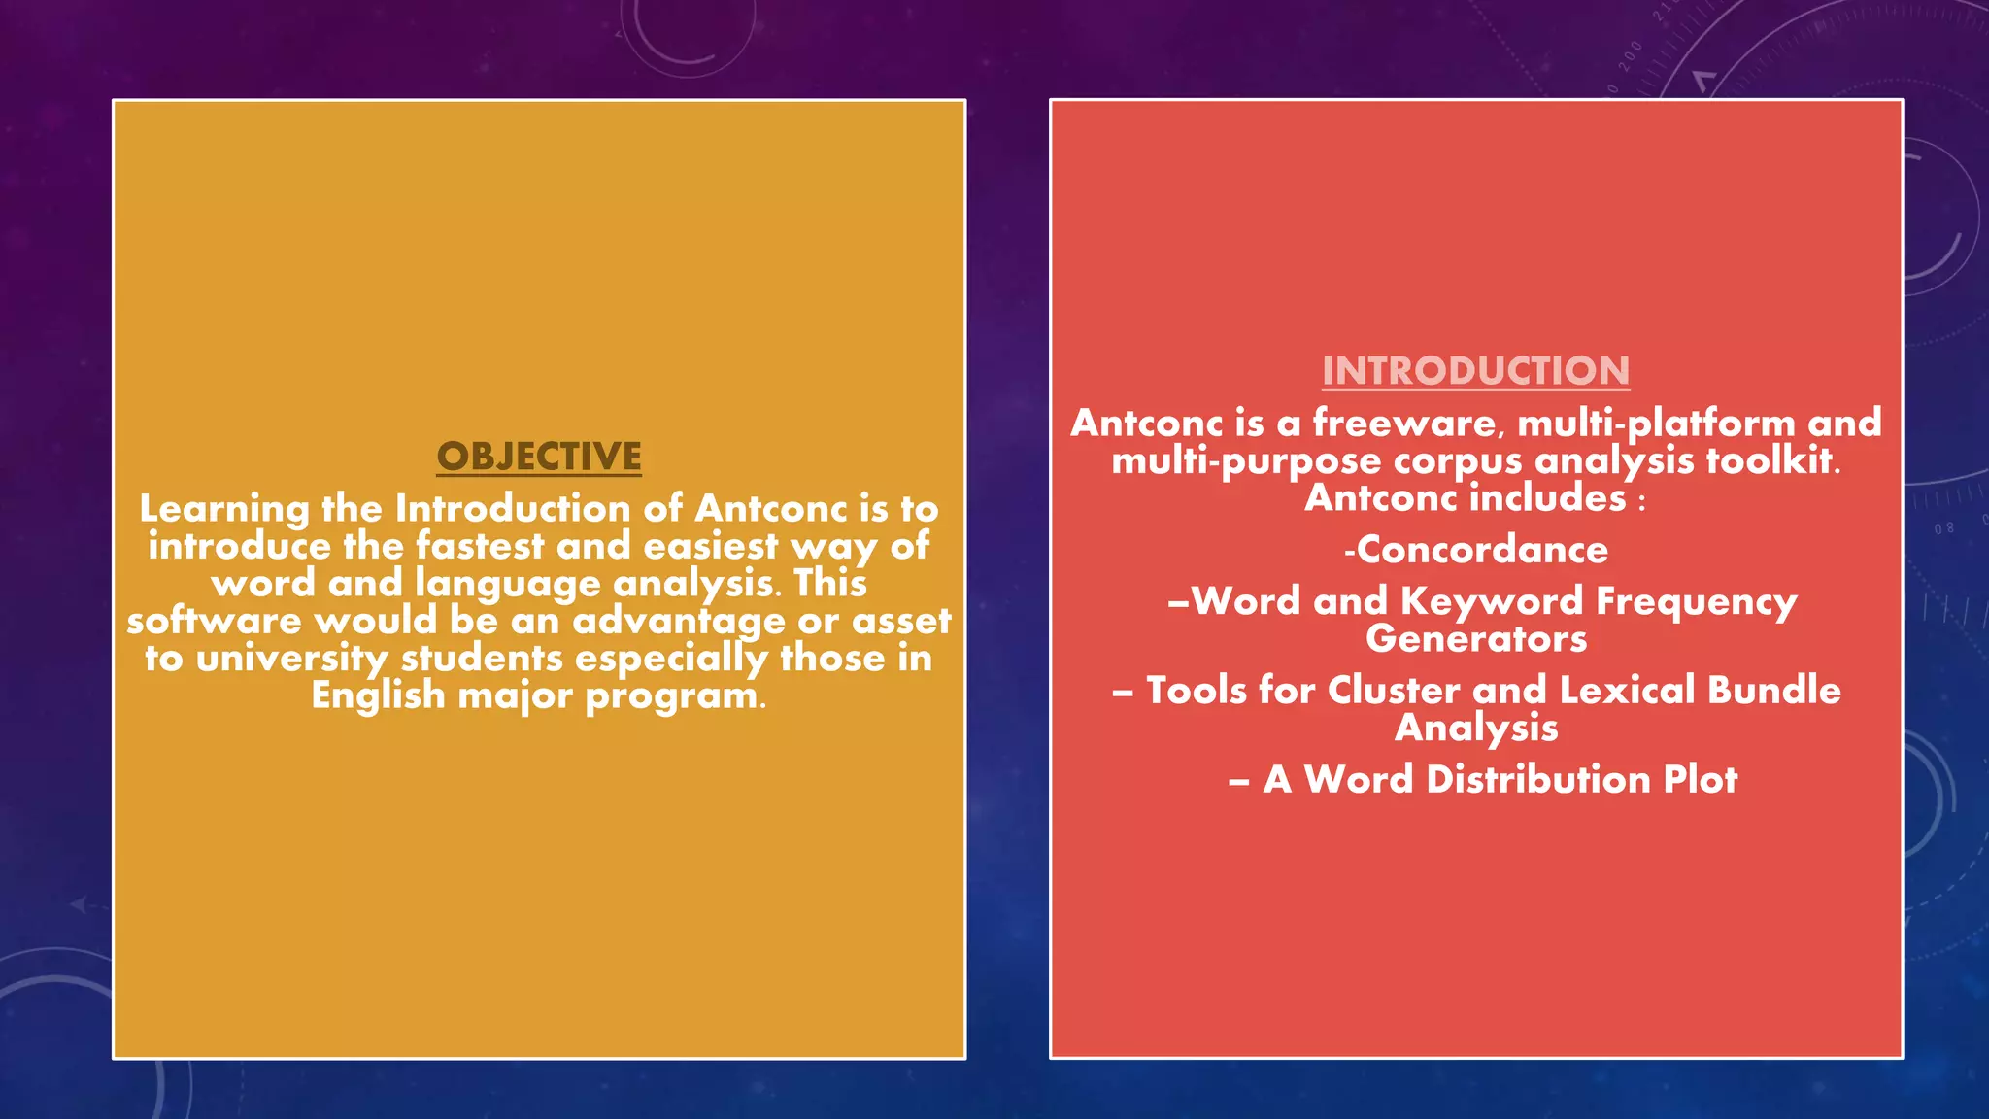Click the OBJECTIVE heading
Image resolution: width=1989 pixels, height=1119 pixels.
pos(539,457)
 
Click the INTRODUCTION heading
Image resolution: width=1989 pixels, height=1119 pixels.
pos(1475,371)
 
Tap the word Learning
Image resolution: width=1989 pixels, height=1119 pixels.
pos(224,509)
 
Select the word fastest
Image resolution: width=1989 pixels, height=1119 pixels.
pos(480,546)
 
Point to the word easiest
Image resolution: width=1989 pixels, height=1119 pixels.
pos(711,546)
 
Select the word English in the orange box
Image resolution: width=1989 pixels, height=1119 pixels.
pos(378,695)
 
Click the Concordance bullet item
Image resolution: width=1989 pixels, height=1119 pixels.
pos(1476,550)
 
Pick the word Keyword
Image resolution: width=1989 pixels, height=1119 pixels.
pos(1492,602)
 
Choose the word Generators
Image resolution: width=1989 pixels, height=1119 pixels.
pos(1476,639)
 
